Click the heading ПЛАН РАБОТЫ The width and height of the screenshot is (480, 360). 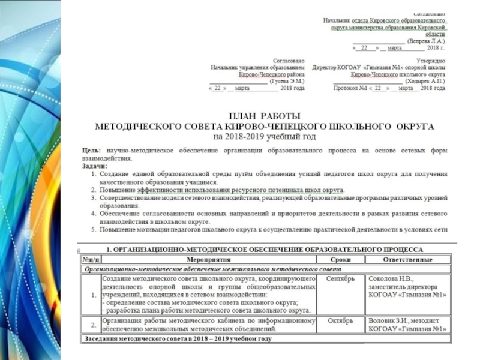pos(265,115)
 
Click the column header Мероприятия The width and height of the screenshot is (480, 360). pos(209,260)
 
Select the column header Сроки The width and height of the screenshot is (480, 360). pos(341,260)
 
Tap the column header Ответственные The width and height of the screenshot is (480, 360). pos(407,260)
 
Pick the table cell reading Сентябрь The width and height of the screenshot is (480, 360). pos(341,279)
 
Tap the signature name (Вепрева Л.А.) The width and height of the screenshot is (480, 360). pos(425,40)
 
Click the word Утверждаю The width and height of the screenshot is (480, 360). pos(431,61)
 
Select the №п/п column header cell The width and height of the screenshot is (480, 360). pos(91,260)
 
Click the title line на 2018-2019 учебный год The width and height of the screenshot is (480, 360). pos(265,136)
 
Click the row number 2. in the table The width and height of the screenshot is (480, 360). pos(92,325)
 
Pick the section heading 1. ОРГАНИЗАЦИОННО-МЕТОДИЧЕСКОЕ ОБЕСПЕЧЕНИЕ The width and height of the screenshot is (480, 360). pos(265,249)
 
